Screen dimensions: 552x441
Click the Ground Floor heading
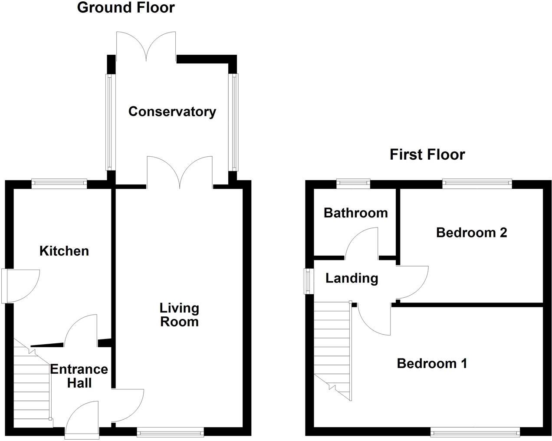(126, 8)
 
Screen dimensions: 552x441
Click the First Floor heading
(427, 155)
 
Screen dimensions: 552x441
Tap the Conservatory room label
(172, 112)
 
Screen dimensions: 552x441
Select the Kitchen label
(64, 251)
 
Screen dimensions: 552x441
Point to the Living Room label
(179, 315)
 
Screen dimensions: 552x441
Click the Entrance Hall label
(79, 376)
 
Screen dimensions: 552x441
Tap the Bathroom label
(355, 213)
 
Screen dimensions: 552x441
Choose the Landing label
(352, 278)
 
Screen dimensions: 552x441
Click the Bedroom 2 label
(471, 233)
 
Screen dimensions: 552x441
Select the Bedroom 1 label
(432, 363)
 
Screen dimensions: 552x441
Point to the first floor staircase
(332, 347)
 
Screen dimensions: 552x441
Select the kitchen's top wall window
(59, 184)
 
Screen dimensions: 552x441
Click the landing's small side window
(308, 281)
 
